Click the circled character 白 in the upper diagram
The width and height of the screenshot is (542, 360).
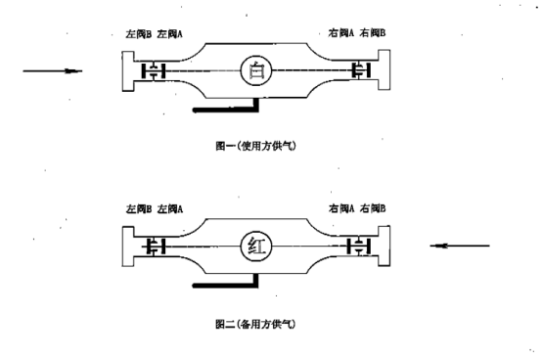click(256, 70)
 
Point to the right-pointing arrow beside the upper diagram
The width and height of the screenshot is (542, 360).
click(47, 70)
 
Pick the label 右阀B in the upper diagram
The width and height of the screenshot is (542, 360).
click(373, 33)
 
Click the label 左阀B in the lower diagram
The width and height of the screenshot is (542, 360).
click(139, 209)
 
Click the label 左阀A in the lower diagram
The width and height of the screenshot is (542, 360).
click(171, 209)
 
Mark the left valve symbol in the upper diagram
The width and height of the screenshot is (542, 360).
click(153, 70)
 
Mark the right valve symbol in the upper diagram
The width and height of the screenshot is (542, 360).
click(361, 70)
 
